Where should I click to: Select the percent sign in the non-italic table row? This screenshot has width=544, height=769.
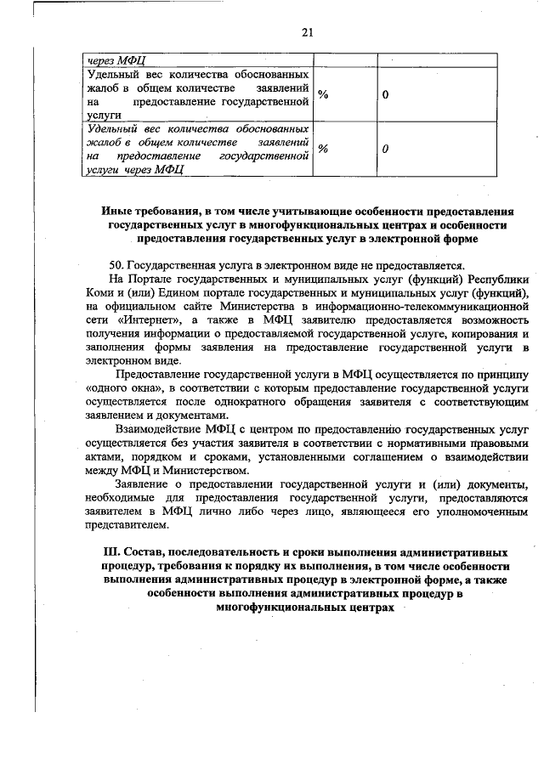click(x=323, y=94)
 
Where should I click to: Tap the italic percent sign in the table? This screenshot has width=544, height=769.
click(x=323, y=149)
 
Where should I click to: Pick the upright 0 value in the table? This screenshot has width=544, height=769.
click(x=385, y=94)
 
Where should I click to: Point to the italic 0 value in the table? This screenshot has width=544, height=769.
click(x=385, y=149)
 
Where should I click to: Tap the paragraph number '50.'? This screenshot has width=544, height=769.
click(x=121, y=264)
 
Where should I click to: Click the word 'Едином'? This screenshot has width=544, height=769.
click(x=173, y=293)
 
